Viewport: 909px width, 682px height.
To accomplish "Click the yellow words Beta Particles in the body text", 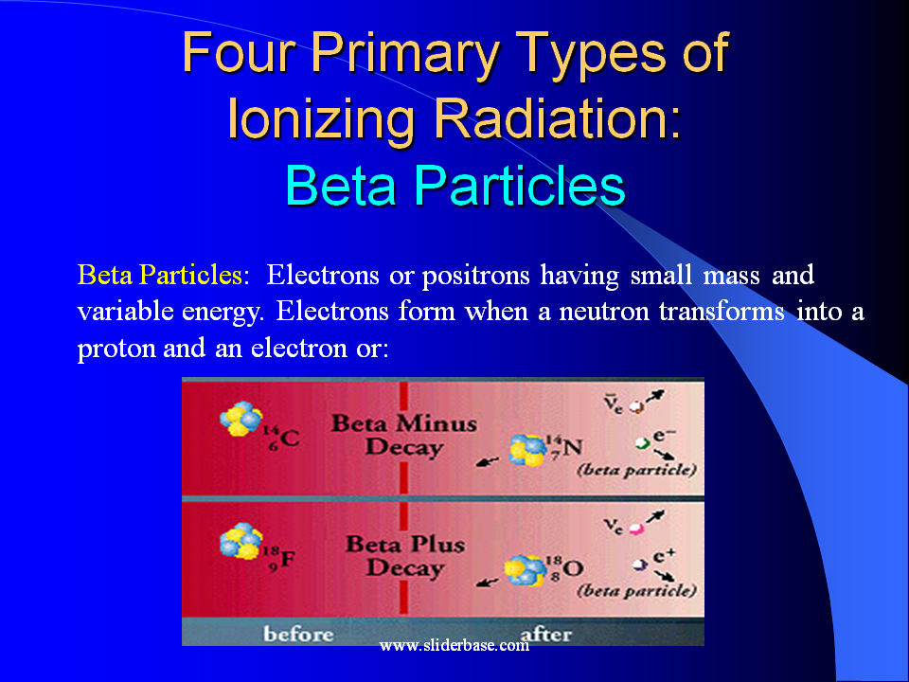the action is pyautogui.click(x=159, y=275).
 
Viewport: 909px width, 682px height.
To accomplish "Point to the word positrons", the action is pyautogui.click(x=476, y=276).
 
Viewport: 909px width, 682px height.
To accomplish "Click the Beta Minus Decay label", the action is pyautogui.click(x=403, y=435).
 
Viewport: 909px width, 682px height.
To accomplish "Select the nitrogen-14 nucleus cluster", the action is pyautogui.click(x=527, y=450).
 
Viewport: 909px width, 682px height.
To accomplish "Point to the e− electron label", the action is pyautogui.click(x=665, y=435).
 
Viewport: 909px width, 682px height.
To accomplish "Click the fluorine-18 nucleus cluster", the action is pyautogui.click(x=241, y=541).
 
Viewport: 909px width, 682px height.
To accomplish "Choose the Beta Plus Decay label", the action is pyautogui.click(x=404, y=556).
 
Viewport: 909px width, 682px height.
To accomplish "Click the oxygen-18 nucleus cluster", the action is pyautogui.click(x=526, y=570).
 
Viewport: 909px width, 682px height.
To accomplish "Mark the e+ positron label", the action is pyautogui.click(x=665, y=556).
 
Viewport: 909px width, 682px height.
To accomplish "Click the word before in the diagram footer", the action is pyautogui.click(x=298, y=634).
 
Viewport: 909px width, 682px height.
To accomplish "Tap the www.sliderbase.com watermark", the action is pyautogui.click(x=454, y=645).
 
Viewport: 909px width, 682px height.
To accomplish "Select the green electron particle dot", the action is pyautogui.click(x=642, y=443).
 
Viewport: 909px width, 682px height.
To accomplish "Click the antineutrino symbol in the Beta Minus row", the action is pyautogui.click(x=614, y=402).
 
